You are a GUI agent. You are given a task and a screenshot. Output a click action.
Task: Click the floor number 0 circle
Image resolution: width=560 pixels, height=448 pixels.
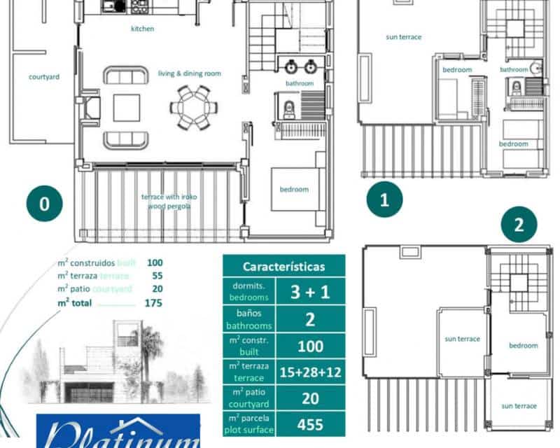pos(45,204)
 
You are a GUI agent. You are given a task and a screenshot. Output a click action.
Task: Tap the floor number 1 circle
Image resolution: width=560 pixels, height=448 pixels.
pos(384,200)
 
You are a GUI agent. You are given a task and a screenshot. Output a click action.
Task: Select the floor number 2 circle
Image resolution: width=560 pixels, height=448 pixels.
pos(519,225)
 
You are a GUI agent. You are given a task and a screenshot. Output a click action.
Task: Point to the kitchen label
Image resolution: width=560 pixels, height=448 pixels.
pos(142,29)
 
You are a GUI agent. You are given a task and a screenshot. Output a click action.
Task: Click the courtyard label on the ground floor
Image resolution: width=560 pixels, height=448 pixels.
pos(43,77)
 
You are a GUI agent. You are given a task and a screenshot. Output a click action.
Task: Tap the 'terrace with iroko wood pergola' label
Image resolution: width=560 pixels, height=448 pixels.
pos(169,202)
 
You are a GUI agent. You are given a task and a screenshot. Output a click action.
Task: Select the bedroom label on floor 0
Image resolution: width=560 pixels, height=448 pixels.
pos(294,189)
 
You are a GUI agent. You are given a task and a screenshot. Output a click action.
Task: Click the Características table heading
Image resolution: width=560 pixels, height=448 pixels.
pos(283,267)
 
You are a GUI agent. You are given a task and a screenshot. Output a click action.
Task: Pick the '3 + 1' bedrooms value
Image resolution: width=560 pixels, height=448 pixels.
pos(310,292)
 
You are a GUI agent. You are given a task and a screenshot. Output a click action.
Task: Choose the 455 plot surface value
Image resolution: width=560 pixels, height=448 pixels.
pos(310,424)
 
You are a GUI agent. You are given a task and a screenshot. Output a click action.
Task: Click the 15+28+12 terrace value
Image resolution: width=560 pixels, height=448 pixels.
pos(310,372)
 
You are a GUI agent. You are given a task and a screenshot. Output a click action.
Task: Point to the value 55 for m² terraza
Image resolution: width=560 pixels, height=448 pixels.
pos(157,276)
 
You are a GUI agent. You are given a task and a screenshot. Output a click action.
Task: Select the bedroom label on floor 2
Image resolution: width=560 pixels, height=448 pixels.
pos(523,346)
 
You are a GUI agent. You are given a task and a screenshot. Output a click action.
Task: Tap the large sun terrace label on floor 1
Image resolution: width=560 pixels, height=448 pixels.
pos(404,37)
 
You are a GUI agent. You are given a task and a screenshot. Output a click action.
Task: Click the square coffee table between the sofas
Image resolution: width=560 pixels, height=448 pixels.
pos(127,108)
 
